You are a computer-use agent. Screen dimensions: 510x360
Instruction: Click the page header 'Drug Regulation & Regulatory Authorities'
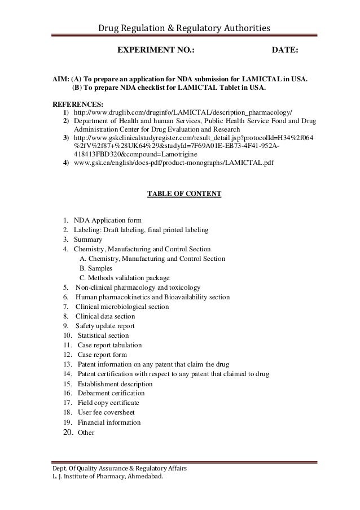point(185,28)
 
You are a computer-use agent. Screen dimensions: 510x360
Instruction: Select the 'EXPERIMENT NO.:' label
point(155,52)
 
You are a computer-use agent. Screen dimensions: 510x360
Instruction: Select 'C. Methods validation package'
point(124,278)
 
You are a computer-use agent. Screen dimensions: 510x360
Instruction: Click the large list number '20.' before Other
point(67,433)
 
